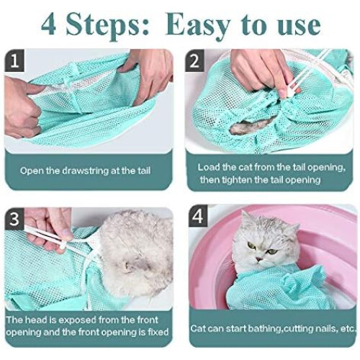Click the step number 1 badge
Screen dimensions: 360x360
pyautogui.click(x=14, y=60)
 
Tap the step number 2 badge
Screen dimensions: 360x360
pyautogui.click(x=194, y=60)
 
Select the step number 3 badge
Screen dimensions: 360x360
pyautogui.click(x=14, y=219)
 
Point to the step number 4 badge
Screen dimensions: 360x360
pyautogui.click(x=198, y=216)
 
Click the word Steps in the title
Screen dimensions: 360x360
pyautogui.click(x=107, y=26)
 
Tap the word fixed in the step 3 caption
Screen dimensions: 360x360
pyautogui.click(x=158, y=332)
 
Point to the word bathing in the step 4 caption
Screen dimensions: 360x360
pyautogui.click(x=264, y=329)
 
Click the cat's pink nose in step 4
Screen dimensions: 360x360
pyautogui.click(x=258, y=259)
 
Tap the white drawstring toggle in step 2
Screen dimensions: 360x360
pyautogui.click(x=290, y=92)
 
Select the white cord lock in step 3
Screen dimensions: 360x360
pyautogui.click(x=63, y=246)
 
